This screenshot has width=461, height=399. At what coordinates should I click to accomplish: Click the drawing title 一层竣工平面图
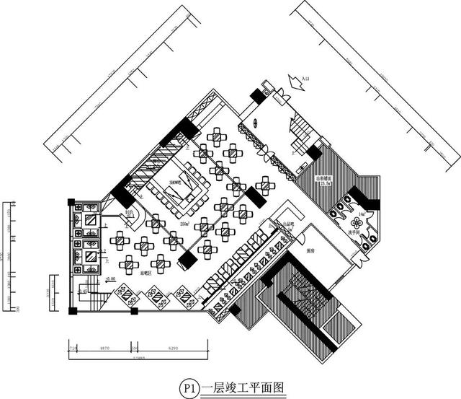click(x=244, y=388)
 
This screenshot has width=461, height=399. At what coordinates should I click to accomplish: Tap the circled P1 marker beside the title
click(x=189, y=388)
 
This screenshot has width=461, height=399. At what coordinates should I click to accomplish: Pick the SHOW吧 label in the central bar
click(x=174, y=183)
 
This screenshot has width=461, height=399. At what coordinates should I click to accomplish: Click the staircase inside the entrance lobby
click(x=301, y=134)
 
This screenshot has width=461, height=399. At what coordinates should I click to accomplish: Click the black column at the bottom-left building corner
click(x=72, y=312)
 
